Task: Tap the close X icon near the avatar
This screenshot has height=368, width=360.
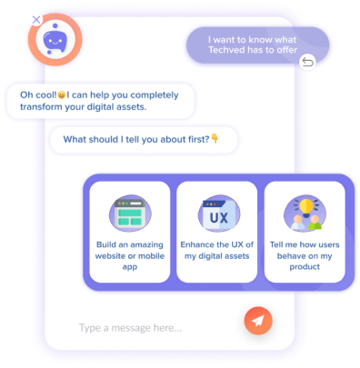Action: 35,19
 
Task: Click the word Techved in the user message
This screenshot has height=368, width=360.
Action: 233,54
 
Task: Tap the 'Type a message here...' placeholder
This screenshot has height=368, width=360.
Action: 130,327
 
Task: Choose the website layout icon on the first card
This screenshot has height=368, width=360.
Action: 129,215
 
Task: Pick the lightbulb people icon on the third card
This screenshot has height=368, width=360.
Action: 303,214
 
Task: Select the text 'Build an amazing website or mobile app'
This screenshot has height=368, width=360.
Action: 128,257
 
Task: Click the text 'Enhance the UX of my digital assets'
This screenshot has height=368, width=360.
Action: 217,251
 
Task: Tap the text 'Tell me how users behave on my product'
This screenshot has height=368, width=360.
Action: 305,257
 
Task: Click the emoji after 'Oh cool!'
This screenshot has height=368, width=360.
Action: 62,94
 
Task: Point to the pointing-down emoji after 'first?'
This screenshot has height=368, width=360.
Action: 215,139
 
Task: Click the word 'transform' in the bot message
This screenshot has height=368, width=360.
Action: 38,106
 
